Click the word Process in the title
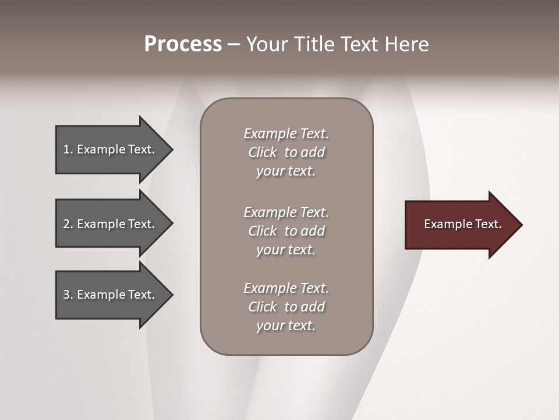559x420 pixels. click(x=183, y=44)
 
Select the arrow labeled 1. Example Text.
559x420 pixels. click(x=111, y=149)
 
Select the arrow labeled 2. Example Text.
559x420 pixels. click(x=111, y=224)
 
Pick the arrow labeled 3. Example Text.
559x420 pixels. click(x=111, y=295)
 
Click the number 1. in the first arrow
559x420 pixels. click(x=68, y=149)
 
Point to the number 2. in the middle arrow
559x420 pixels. click(x=68, y=224)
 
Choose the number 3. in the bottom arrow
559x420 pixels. click(x=68, y=295)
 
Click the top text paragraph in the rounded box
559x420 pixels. click(x=286, y=152)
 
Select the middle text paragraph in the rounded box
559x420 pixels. click(x=286, y=231)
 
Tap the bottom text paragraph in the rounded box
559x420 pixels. click(x=286, y=307)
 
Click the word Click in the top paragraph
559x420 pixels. click(x=262, y=152)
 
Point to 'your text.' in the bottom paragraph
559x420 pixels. click(x=286, y=325)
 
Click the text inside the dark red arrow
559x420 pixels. click(x=462, y=224)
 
